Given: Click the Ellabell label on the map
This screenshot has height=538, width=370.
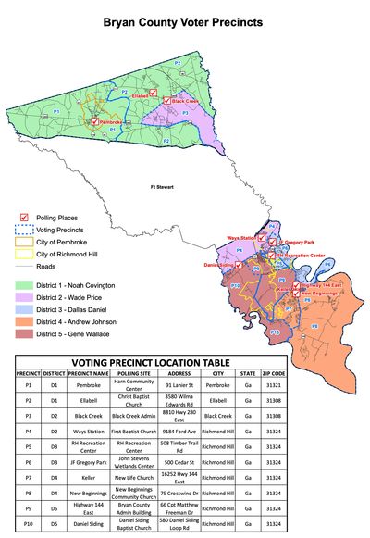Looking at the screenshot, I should coord(142,96).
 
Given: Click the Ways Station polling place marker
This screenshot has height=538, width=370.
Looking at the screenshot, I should coord(262,238).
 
